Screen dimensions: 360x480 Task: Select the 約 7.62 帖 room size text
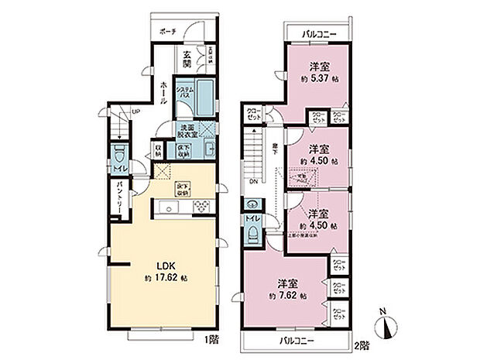tap(287, 297)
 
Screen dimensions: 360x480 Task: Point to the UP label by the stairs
tap(137, 113)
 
